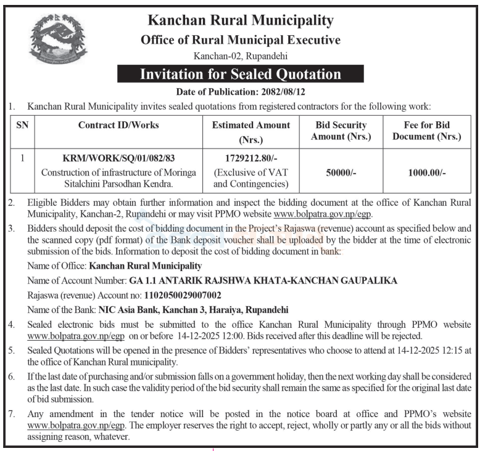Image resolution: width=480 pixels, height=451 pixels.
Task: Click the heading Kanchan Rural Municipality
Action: (241, 20)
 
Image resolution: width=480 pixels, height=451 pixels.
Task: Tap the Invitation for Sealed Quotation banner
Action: (241, 75)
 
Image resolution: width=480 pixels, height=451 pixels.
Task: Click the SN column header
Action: (22, 125)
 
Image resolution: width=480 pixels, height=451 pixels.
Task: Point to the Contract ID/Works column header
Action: (118, 125)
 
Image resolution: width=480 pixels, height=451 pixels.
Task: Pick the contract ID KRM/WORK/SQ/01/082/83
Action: (118, 158)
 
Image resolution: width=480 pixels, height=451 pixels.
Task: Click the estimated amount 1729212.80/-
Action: (251, 158)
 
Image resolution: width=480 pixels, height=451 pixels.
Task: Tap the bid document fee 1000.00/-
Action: (427, 173)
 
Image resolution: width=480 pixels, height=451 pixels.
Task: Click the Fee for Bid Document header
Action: (427, 131)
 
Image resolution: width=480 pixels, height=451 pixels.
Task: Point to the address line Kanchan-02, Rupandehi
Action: (241, 57)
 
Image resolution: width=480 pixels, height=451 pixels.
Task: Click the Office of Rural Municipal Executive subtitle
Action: (241, 41)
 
